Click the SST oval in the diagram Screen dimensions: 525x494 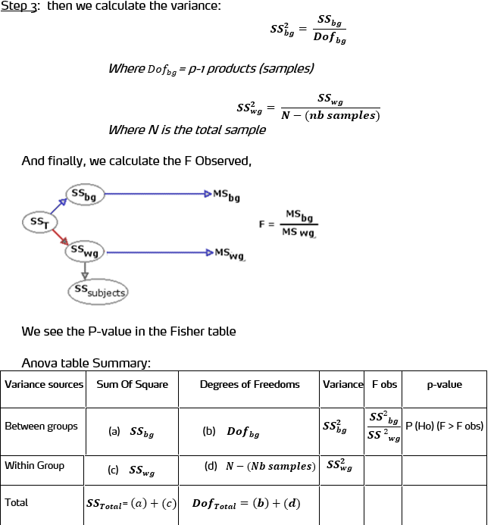click(37, 223)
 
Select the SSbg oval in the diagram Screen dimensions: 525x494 click(85, 195)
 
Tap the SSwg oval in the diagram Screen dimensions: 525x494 click(85, 251)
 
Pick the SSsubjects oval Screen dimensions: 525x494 click(99, 291)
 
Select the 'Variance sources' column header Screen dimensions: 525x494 click(44, 385)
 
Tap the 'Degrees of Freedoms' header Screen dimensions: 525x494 click(249, 385)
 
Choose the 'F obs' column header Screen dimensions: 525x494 click(384, 385)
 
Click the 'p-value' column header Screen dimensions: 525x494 click(444, 385)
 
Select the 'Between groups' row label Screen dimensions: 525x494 click(41, 427)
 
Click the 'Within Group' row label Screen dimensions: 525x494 click(34, 466)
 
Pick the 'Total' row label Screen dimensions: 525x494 click(16, 502)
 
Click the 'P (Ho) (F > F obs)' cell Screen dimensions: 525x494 click(444, 426)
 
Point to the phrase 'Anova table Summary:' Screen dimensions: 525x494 click(86, 363)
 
